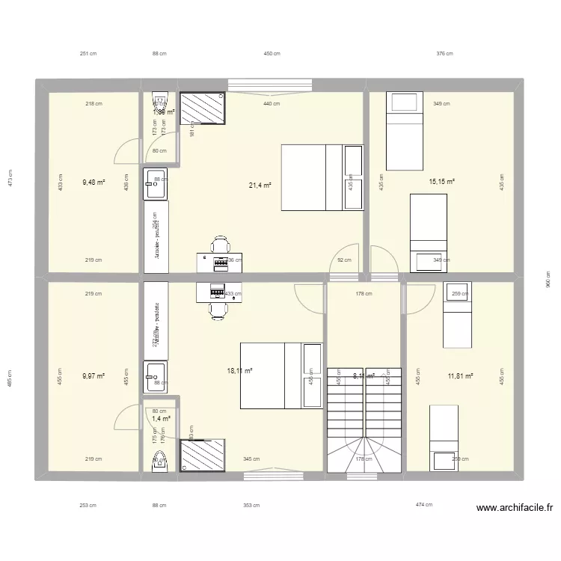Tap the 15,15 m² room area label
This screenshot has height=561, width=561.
[x=442, y=181]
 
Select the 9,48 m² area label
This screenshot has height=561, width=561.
[x=94, y=181]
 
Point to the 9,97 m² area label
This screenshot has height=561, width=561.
[x=94, y=375]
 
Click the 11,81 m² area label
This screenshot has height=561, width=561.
[x=461, y=375]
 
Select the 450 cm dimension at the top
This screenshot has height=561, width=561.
[x=272, y=54]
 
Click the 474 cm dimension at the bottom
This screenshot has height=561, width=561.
[x=425, y=505]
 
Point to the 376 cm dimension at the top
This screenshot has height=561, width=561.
[x=445, y=54]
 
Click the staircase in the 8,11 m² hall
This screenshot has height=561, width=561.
[x=364, y=419]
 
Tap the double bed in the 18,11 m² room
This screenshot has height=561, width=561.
[x=272, y=375]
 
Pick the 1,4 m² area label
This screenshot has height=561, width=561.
[x=160, y=419]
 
